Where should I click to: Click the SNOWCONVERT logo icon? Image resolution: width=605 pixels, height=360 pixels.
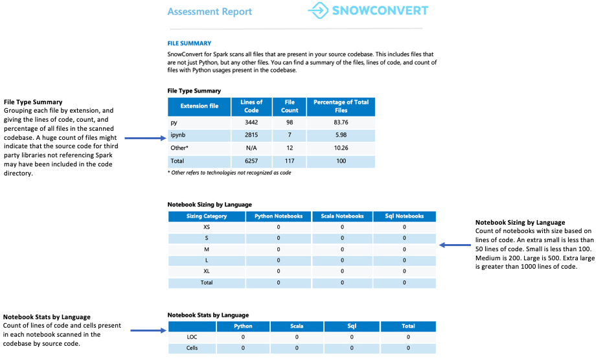319,10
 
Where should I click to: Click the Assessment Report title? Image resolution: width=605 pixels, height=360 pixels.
210,12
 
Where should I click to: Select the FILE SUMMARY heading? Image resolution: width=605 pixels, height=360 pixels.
189,43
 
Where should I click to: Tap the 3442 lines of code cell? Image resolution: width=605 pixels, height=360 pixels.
251,122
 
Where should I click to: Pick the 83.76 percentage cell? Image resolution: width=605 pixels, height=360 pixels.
341,122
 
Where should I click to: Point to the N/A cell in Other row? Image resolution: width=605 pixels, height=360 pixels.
251,148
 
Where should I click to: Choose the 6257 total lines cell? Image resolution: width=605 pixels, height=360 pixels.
251,161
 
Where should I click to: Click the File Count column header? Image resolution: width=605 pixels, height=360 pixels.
290,106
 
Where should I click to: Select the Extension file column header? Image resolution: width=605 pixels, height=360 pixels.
200,106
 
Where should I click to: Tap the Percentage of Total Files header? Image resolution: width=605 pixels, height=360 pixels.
341,106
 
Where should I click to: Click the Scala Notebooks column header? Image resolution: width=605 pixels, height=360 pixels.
342,216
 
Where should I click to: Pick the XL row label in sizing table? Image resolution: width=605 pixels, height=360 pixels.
207,272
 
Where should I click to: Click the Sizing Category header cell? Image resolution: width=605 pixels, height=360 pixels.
207,216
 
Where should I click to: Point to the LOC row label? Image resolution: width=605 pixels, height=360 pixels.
191,337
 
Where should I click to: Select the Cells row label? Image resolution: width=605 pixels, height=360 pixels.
191,348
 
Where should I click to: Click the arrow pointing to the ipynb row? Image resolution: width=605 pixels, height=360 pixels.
144,138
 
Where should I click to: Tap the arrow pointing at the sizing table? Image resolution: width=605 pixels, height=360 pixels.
455,245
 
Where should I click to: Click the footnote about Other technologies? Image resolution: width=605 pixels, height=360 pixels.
229,174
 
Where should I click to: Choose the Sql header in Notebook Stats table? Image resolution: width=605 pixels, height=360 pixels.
352,326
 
